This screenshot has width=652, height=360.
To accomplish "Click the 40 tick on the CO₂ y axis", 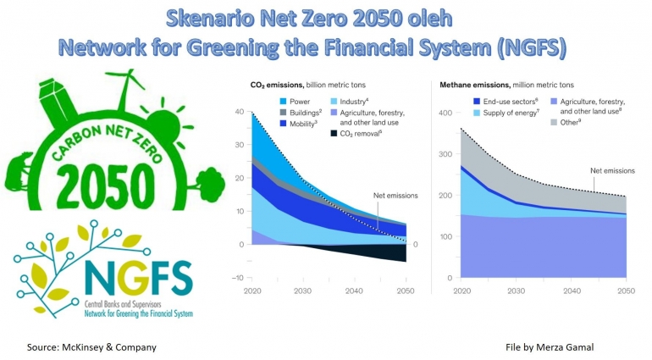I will [239, 112].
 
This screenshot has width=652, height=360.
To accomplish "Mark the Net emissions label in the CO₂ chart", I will [395, 196].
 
